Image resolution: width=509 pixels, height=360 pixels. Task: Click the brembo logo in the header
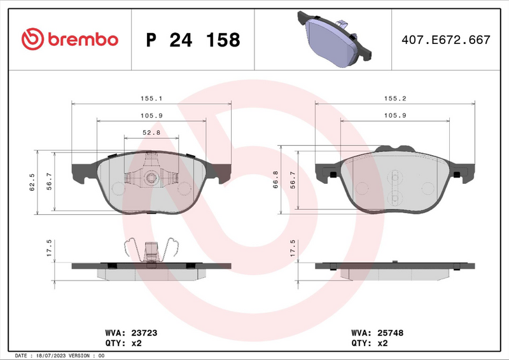(69, 39)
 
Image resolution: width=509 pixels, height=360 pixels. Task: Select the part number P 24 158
(193, 40)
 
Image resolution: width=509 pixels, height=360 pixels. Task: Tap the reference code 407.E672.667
(445, 40)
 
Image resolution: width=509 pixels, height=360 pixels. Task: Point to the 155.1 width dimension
(151, 99)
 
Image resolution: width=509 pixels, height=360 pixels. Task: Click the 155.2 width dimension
(394, 99)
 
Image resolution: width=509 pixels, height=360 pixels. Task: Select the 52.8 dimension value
(151, 132)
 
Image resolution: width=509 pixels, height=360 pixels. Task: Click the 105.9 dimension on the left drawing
(151, 115)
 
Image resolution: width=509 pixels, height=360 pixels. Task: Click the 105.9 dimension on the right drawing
(394, 115)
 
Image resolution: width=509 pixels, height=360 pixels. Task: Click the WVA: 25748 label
(377, 333)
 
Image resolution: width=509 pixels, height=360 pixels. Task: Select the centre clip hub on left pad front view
(151, 177)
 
